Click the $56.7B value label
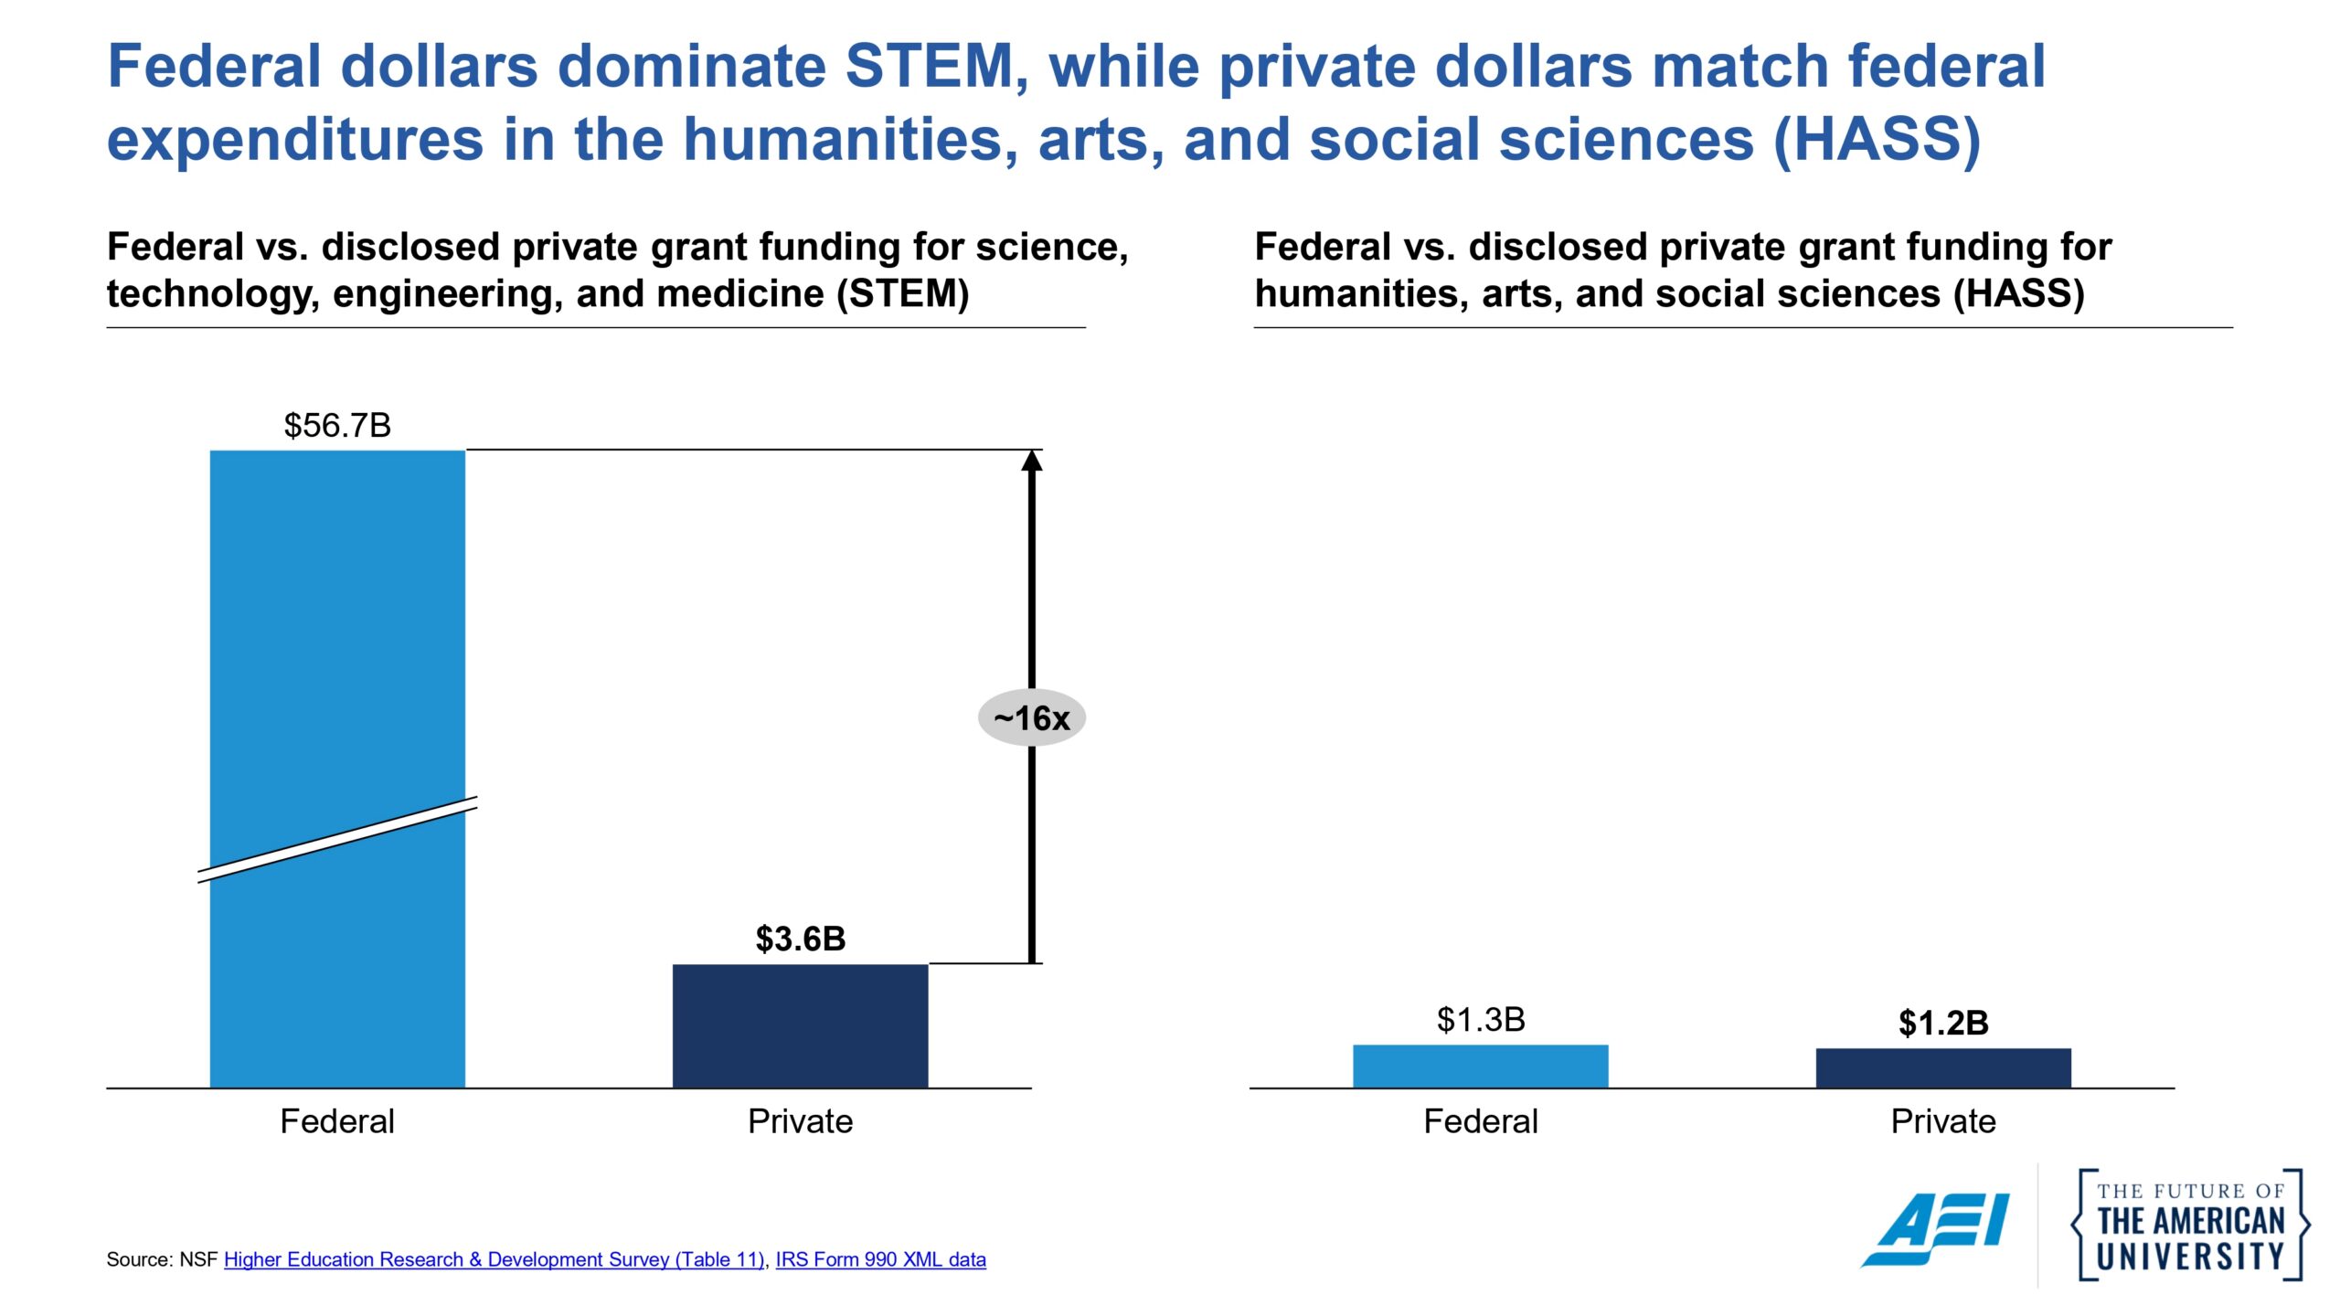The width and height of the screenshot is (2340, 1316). coord(337,426)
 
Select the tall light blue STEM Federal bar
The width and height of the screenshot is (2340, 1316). coord(337,640)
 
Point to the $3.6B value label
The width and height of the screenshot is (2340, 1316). coord(800,939)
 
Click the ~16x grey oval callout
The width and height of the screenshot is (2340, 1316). coord(1031,718)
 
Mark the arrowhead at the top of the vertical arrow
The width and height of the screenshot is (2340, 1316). coord(1031,461)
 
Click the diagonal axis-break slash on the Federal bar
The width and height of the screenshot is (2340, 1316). coord(337,840)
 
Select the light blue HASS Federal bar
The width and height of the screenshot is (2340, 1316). coord(1480,1066)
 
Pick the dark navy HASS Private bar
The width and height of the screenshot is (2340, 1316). coord(1942,1067)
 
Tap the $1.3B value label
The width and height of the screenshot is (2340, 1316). coord(1480,1020)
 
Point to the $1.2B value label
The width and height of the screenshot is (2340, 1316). coord(1942,1024)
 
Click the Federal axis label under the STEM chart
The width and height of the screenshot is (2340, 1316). coord(337,1121)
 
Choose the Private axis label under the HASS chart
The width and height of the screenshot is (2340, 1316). coord(1942,1121)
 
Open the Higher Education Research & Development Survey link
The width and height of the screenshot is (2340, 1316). coord(494,1259)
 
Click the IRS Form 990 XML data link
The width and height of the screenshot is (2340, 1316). coord(880,1259)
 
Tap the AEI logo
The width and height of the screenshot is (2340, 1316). coord(1936,1228)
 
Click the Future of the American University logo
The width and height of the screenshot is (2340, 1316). coord(2190,1225)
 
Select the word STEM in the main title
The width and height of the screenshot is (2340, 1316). coord(929,67)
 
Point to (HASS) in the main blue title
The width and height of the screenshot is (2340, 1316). coord(1877,140)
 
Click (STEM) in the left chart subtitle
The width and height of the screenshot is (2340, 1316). coord(903,294)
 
